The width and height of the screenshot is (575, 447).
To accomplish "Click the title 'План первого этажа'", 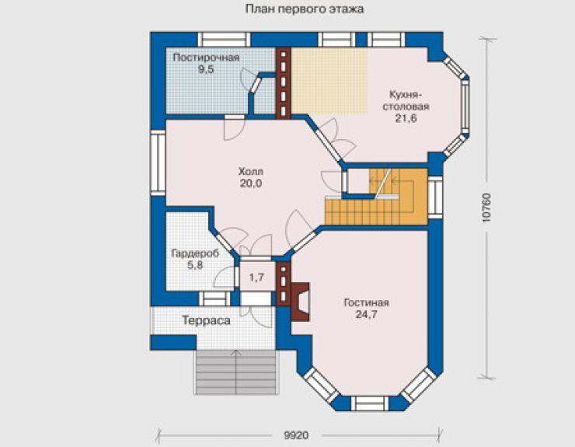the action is coord(305,9).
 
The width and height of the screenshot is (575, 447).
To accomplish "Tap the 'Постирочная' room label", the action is coord(206,58).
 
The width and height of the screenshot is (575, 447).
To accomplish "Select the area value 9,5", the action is coord(206,69).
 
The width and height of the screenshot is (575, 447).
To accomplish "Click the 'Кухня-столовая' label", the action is coord(406,100).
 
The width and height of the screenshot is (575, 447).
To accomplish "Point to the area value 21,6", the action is coord(406,118).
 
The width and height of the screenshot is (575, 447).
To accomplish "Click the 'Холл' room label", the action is coord(251,172).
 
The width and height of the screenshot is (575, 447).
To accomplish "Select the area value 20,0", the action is coord(251,183).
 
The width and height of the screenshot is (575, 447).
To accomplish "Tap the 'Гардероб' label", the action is coord(195,253).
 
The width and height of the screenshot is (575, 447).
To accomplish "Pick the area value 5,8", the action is coord(195,265).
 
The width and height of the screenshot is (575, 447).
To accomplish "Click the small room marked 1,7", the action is coord(256,277).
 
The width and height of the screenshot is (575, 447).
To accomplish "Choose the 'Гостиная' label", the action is coord(366,302).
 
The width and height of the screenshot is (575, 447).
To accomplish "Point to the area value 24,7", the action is coord(366,315).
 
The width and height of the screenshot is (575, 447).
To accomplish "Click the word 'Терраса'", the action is coord(207,321).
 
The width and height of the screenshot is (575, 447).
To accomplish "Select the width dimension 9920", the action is coord(296,435).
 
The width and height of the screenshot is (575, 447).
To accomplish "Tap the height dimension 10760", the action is coord(486,208).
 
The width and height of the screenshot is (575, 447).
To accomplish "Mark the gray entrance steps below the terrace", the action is coord(235,372).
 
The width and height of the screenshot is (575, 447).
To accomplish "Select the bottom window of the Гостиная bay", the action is coord(370,403).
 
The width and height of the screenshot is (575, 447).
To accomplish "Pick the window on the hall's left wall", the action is coord(158,163).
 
